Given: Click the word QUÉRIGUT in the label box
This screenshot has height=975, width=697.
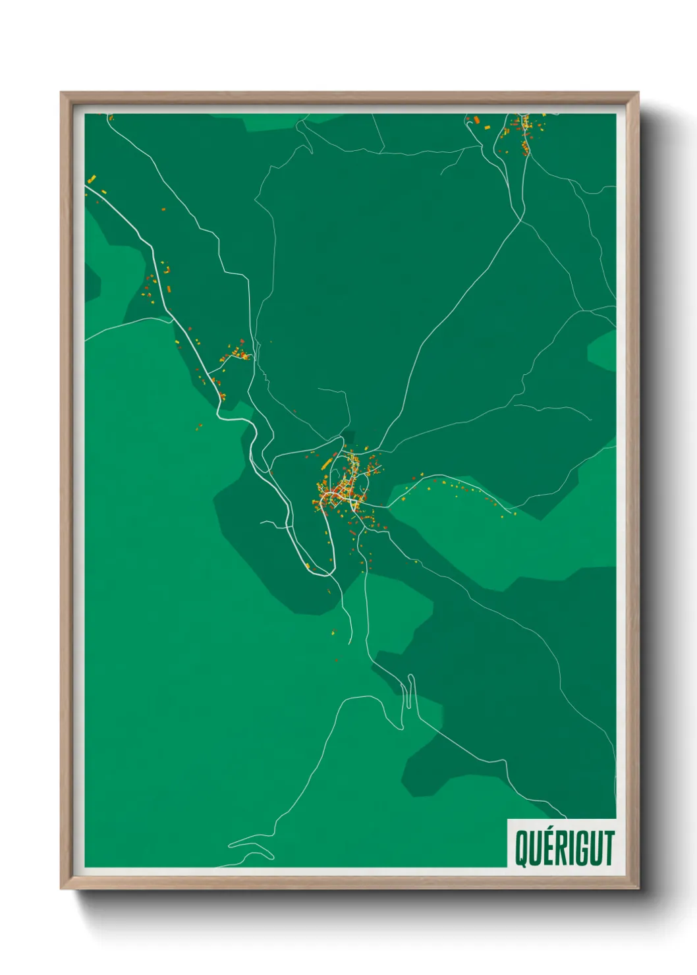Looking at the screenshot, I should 564,848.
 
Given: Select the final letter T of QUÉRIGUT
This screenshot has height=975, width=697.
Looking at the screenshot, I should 609,848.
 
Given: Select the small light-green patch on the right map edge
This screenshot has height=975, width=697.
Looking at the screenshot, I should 603,350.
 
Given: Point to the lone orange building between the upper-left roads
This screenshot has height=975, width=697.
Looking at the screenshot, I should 163,209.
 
